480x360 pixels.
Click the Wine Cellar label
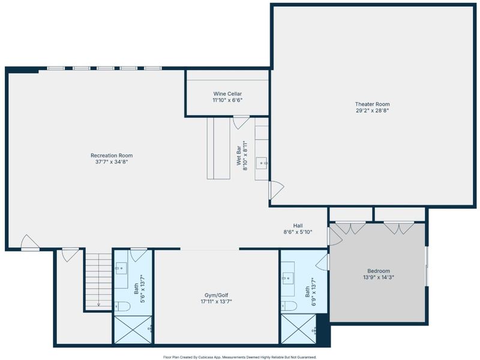click(227, 94)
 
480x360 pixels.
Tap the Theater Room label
click(372, 104)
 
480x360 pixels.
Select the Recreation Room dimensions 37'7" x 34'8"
click(112, 162)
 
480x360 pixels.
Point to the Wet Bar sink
click(262, 163)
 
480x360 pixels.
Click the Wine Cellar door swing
click(241, 122)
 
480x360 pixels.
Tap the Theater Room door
click(276, 190)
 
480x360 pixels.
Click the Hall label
click(298, 226)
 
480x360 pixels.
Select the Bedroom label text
click(379, 271)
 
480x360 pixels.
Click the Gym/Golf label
click(216, 295)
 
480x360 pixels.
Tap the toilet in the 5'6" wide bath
click(122, 306)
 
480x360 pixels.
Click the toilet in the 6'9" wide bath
click(289, 306)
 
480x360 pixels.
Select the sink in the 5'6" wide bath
click(121, 268)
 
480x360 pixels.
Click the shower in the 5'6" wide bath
click(133, 329)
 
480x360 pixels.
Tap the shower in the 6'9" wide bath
click(298, 329)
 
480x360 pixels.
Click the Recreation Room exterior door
click(30, 242)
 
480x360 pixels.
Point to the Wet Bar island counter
click(218, 148)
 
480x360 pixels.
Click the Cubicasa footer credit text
click(239, 357)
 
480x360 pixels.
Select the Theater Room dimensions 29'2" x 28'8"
click(372, 111)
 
